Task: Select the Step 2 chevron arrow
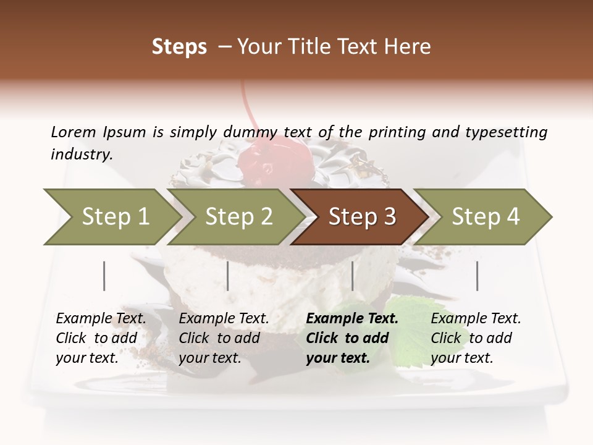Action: (x=238, y=217)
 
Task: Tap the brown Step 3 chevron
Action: (x=361, y=217)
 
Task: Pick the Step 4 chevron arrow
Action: (x=485, y=217)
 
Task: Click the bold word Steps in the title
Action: (x=179, y=47)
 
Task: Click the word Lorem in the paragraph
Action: (x=74, y=132)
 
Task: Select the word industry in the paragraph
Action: (x=81, y=155)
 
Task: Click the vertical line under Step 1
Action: (x=104, y=276)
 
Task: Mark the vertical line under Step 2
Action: (x=228, y=276)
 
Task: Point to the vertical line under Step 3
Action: (x=353, y=276)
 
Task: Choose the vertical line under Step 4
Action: (x=477, y=276)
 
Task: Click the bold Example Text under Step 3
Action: (x=352, y=319)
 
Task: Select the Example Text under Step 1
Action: (x=101, y=319)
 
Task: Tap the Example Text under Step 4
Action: (x=476, y=319)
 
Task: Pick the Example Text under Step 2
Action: (x=224, y=319)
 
